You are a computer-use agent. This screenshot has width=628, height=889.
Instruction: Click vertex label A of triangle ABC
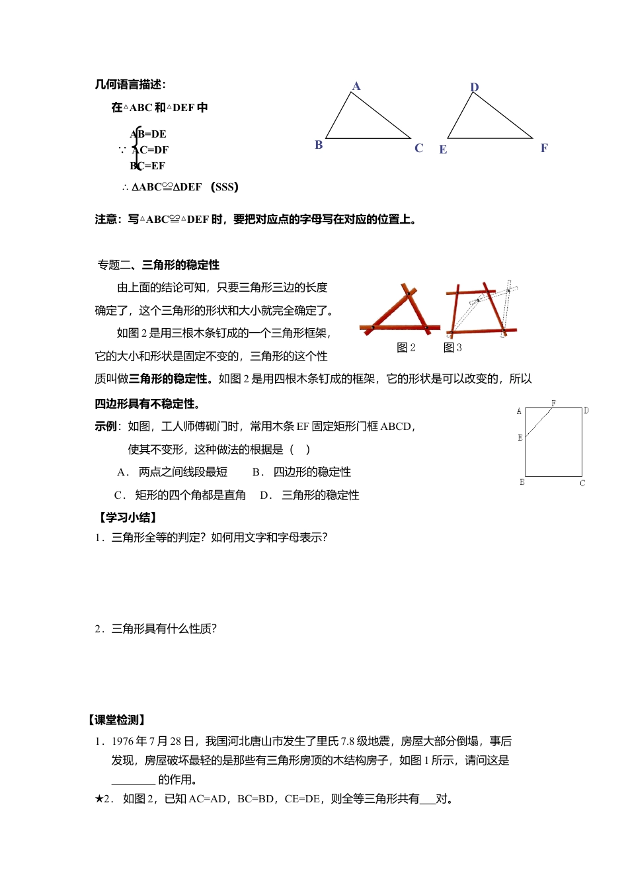click(356, 86)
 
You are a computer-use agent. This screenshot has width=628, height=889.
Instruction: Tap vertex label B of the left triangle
click(319, 145)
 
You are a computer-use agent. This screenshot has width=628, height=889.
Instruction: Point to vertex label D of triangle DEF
click(474, 87)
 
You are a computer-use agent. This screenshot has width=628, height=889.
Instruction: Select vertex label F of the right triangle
click(544, 148)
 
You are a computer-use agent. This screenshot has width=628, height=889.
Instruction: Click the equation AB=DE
click(149, 134)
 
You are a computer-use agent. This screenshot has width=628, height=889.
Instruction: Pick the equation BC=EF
click(149, 166)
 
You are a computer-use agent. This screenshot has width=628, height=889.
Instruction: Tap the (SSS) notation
click(225, 187)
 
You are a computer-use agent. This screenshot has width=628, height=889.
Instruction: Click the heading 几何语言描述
click(130, 85)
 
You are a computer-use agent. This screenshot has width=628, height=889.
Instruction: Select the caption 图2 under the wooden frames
click(406, 348)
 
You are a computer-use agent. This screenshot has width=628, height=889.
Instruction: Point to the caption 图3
click(453, 348)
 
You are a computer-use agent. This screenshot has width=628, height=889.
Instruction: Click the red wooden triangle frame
click(401, 311)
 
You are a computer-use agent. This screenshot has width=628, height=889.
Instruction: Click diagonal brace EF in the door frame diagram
click(539, 422)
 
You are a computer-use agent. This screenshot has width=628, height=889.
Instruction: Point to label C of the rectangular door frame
click(582, 484)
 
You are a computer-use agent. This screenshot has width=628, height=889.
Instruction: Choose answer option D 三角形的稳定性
click(311, 495)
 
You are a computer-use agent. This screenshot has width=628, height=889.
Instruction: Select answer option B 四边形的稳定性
click(302, 472)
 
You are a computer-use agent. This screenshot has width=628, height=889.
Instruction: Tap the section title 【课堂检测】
click(116, 720)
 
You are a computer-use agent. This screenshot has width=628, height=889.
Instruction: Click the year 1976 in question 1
click(123, 742)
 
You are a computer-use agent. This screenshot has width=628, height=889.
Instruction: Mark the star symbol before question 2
click(98, 799)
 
